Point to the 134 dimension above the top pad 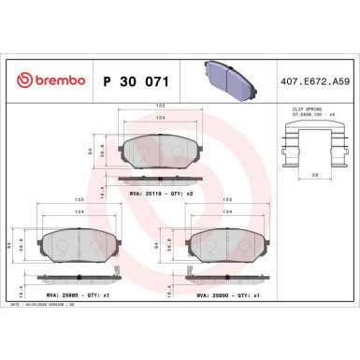tap(162, 119)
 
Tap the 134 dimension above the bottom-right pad tap(229, 212)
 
